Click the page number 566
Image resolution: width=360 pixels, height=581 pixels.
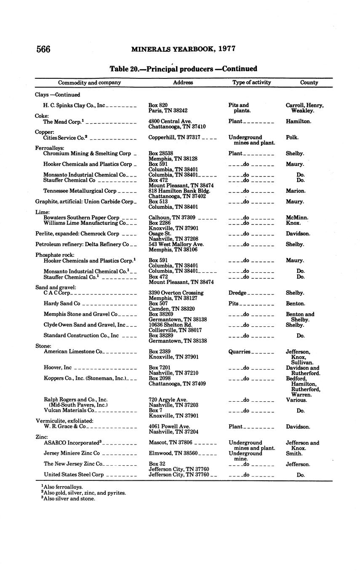coord(43,49)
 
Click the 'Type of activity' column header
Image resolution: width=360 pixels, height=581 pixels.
coord(251,83)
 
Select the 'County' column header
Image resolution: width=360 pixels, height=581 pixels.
coord(309,83)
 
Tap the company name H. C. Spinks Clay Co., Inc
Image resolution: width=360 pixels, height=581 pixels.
coord(74,105)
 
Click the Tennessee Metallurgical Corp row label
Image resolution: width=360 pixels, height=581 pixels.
coord(80,191)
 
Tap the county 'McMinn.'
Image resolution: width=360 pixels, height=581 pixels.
coord(297,218)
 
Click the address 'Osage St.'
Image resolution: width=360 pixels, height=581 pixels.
coord(160,234)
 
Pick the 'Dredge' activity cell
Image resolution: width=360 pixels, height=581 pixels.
coord(237,293)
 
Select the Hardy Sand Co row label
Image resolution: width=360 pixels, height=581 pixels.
coord(62,304)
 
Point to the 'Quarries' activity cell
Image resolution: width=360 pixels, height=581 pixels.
coord(239,352)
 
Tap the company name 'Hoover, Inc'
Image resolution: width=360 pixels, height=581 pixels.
coord(58,368)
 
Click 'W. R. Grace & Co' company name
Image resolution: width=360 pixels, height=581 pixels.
coord(65,426)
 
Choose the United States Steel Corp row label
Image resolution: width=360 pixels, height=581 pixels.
coord(74,474)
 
